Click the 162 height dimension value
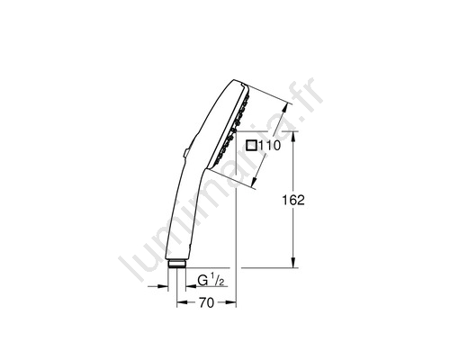pos(293,200)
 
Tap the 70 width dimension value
pos(206,302)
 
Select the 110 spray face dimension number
pos(269,146)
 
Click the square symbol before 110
pos(251,145)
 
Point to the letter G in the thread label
pos(202,280)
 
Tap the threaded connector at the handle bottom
pos(177,264)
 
